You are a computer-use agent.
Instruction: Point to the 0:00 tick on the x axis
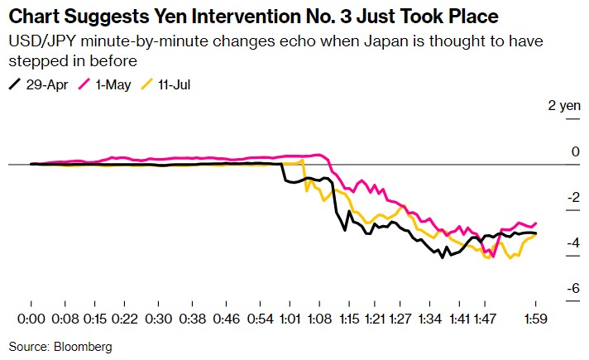click(31, 319)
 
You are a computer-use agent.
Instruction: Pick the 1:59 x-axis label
click(537, 319)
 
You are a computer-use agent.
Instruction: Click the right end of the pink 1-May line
click(537, 223)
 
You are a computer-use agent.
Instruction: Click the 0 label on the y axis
click(575, 151)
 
